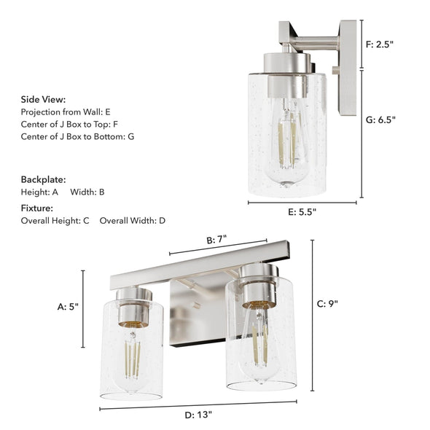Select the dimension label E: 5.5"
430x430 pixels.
pos(302,211)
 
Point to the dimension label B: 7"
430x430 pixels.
pos(216,239)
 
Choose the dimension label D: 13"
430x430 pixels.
pos(198,415)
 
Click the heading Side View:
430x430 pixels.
pos(43,99)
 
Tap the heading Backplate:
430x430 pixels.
pos(44,179)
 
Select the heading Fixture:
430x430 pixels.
pos(37,208)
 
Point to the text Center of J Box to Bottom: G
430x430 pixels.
pos(77,136)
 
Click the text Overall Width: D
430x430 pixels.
pos(133,220)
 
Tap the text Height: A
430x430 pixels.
pos(39,192)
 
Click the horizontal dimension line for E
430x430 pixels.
pos(302,203)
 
